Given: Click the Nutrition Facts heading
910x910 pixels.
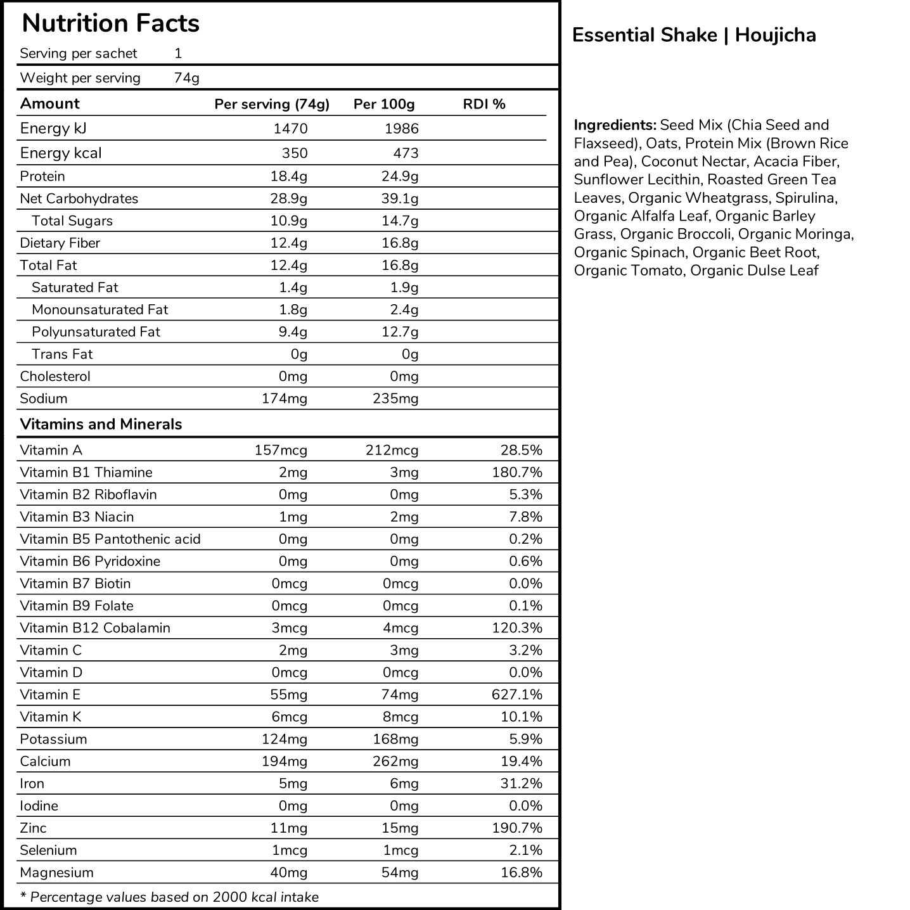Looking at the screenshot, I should [x=110, y=23].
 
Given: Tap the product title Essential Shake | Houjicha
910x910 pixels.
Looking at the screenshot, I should [x=694, y=35].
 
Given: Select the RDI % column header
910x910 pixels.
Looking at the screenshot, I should [x=484, y=104].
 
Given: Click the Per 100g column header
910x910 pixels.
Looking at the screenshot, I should [x=384, y=104].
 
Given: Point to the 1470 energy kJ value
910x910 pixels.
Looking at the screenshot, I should [x=290, y=129].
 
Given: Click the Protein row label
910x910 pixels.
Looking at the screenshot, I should [x=42, y=176].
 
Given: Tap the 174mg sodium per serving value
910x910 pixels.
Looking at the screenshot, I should [x=285, y=399].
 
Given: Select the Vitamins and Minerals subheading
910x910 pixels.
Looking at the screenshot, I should [x=101, y=424].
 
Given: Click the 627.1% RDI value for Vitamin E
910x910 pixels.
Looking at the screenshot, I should [x=517, y=695].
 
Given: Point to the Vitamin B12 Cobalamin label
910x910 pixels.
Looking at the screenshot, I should [x=95, y=628].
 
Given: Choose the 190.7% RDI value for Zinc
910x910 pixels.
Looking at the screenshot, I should [x=517, y=828].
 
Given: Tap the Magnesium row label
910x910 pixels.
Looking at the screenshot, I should [x=56, y=873].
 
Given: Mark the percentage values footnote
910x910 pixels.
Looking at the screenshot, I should [x=169, y=897].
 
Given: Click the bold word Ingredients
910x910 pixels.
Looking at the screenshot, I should [x=615, y=125].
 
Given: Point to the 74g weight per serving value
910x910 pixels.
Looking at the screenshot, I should [x=186, y=78].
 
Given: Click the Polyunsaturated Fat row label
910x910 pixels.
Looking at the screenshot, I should [x=96, y=332].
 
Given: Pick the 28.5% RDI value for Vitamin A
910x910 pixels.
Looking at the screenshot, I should [x=521, y=451].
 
